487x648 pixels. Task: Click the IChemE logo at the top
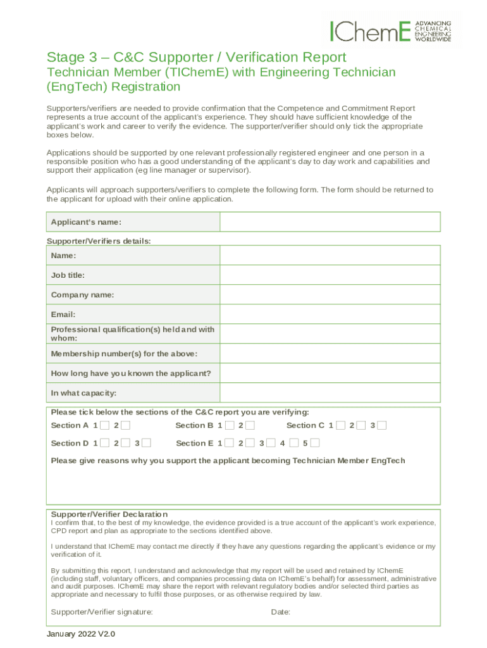(390, 30)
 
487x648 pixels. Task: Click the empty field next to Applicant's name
(330, 222)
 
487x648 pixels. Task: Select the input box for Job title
(330, 275)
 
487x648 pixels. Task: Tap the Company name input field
(330, 295)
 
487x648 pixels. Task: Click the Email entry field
(330, 315)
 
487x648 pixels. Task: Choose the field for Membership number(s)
(330, 354)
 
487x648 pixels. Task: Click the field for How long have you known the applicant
(330, 373)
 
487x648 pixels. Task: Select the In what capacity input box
(330, 393)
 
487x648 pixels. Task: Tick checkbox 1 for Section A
(104, 425)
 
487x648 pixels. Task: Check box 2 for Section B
(250, 425)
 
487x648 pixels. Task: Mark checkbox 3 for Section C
(381, 425)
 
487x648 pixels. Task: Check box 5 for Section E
(315, 443)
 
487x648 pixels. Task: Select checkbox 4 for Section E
(293, 443)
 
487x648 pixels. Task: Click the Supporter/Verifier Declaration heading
(109, 514)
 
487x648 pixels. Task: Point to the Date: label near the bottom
(280, 612)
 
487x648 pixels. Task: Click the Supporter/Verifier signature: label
(102, 612)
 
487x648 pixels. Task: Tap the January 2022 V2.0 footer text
(81, 634)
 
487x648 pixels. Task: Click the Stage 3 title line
(197, 57)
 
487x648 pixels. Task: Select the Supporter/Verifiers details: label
(99, 241)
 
